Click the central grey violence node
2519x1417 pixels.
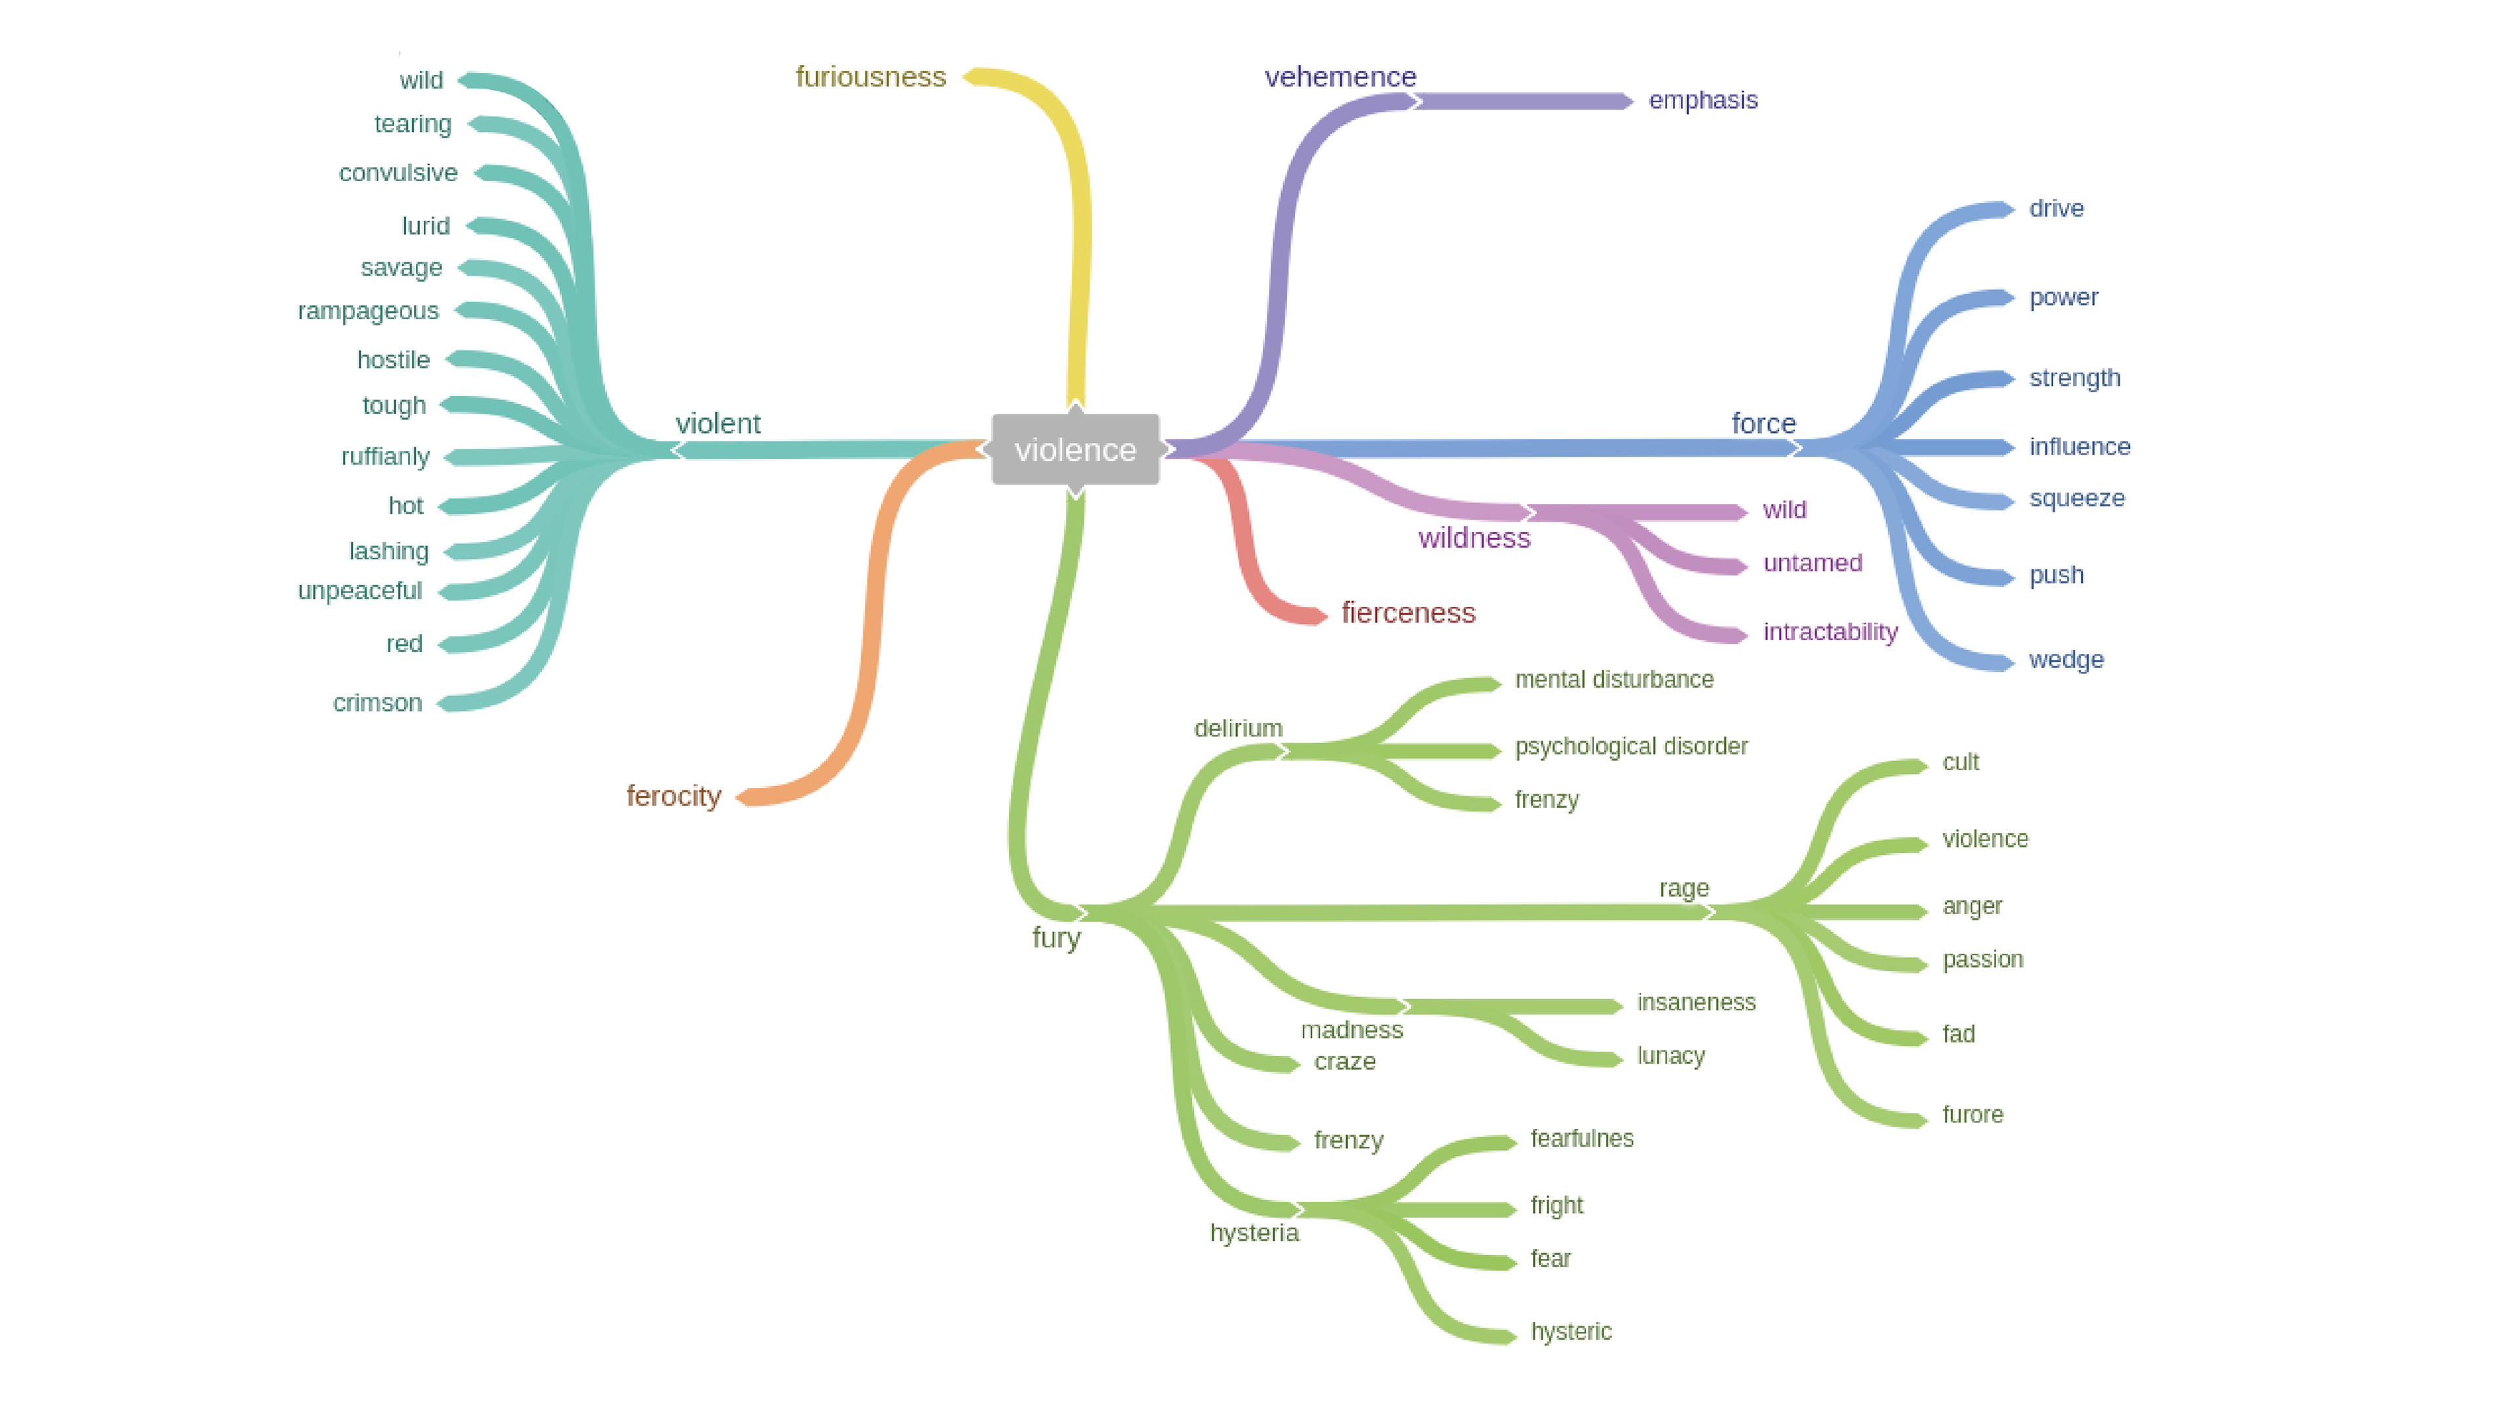[x=1075, y=450]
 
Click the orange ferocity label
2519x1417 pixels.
[x=674, y=796]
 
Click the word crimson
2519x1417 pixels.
[x=377, y=703]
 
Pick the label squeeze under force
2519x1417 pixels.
[x=2076, y=499]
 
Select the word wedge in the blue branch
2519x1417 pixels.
[x=2065, y=660]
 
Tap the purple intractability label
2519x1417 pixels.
[x=1830, y=632]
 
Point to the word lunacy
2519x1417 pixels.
[x=1670, y=1056]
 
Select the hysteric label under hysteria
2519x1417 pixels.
[x=1570, y=1332]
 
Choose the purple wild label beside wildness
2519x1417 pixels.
[x=1784, y=510]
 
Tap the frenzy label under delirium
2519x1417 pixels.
[x=1546, y=800]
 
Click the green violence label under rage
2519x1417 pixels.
[x=1984, y=839]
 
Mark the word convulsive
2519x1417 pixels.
[x=398, y=173]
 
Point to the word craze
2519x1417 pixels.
[x=1345, y=1062]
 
